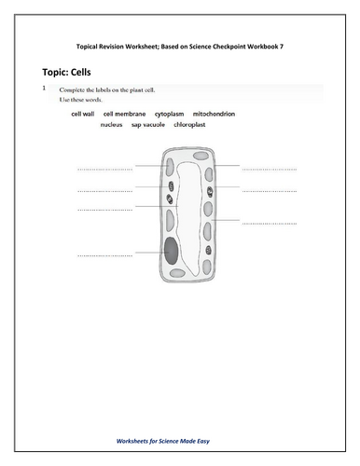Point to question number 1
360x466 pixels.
(x=43, y=88)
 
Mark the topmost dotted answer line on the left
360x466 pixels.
(x=104, y=170)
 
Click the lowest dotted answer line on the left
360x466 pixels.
(x=104, y=254)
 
